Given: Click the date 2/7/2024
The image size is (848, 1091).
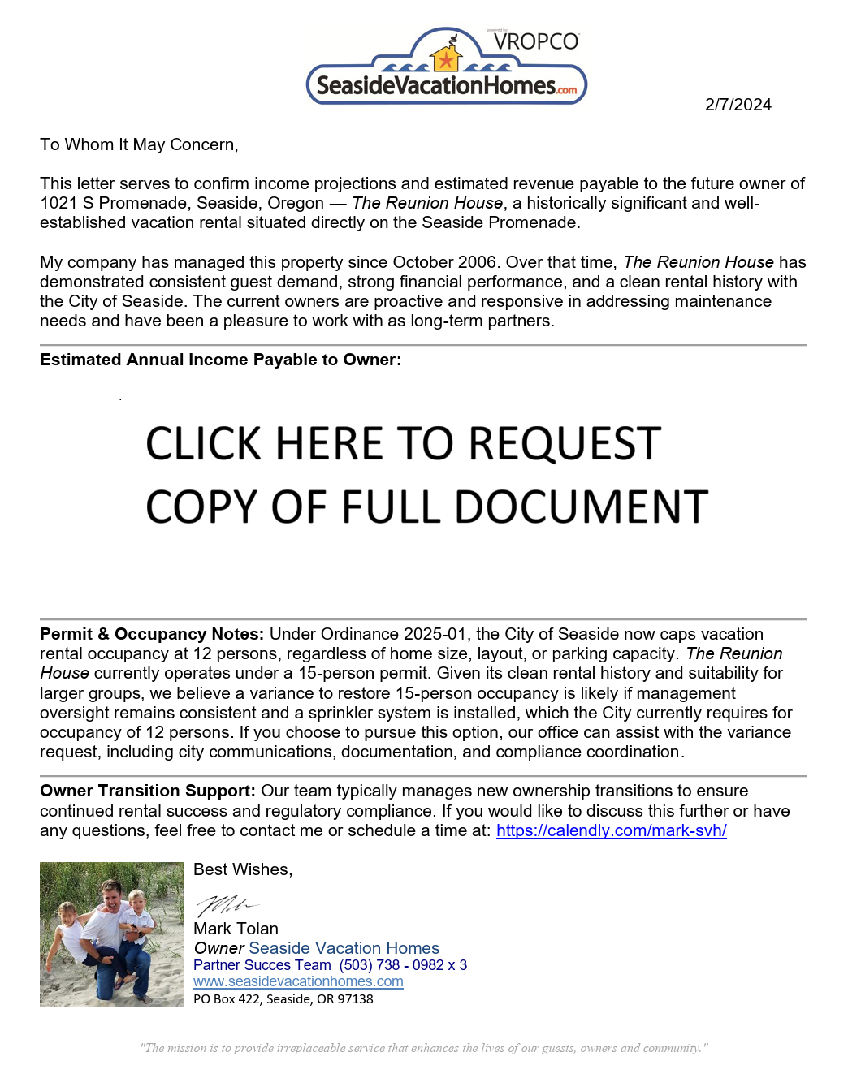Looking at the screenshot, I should click(738, 105).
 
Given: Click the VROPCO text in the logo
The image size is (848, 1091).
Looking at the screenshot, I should click(536, 41).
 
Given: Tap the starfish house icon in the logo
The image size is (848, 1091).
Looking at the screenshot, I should click(446, 58).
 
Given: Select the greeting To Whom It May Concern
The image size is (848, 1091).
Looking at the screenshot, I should click(139, 144).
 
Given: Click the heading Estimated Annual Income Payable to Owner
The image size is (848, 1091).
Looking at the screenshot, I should click(220, 360).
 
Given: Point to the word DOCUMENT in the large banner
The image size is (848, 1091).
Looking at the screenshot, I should click(582, 507).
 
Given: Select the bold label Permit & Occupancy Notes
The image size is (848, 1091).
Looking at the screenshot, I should click(152, 634).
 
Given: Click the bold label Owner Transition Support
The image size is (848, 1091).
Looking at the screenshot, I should click(148, 791).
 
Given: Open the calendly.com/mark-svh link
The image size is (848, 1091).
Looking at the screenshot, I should click(611, 830).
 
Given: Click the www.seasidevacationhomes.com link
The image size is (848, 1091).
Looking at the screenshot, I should click(298, 981).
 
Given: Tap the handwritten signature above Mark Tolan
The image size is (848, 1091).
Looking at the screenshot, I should click(226, 904).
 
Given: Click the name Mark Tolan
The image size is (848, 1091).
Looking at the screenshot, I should click(236, 929).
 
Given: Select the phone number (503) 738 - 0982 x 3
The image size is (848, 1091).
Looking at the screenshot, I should click(403, 965).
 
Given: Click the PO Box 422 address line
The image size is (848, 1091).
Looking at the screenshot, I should click(283, 999).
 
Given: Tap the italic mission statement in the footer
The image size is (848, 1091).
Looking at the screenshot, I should click(423, 1048).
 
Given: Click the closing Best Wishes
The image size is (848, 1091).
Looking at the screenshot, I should click(242, 869).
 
